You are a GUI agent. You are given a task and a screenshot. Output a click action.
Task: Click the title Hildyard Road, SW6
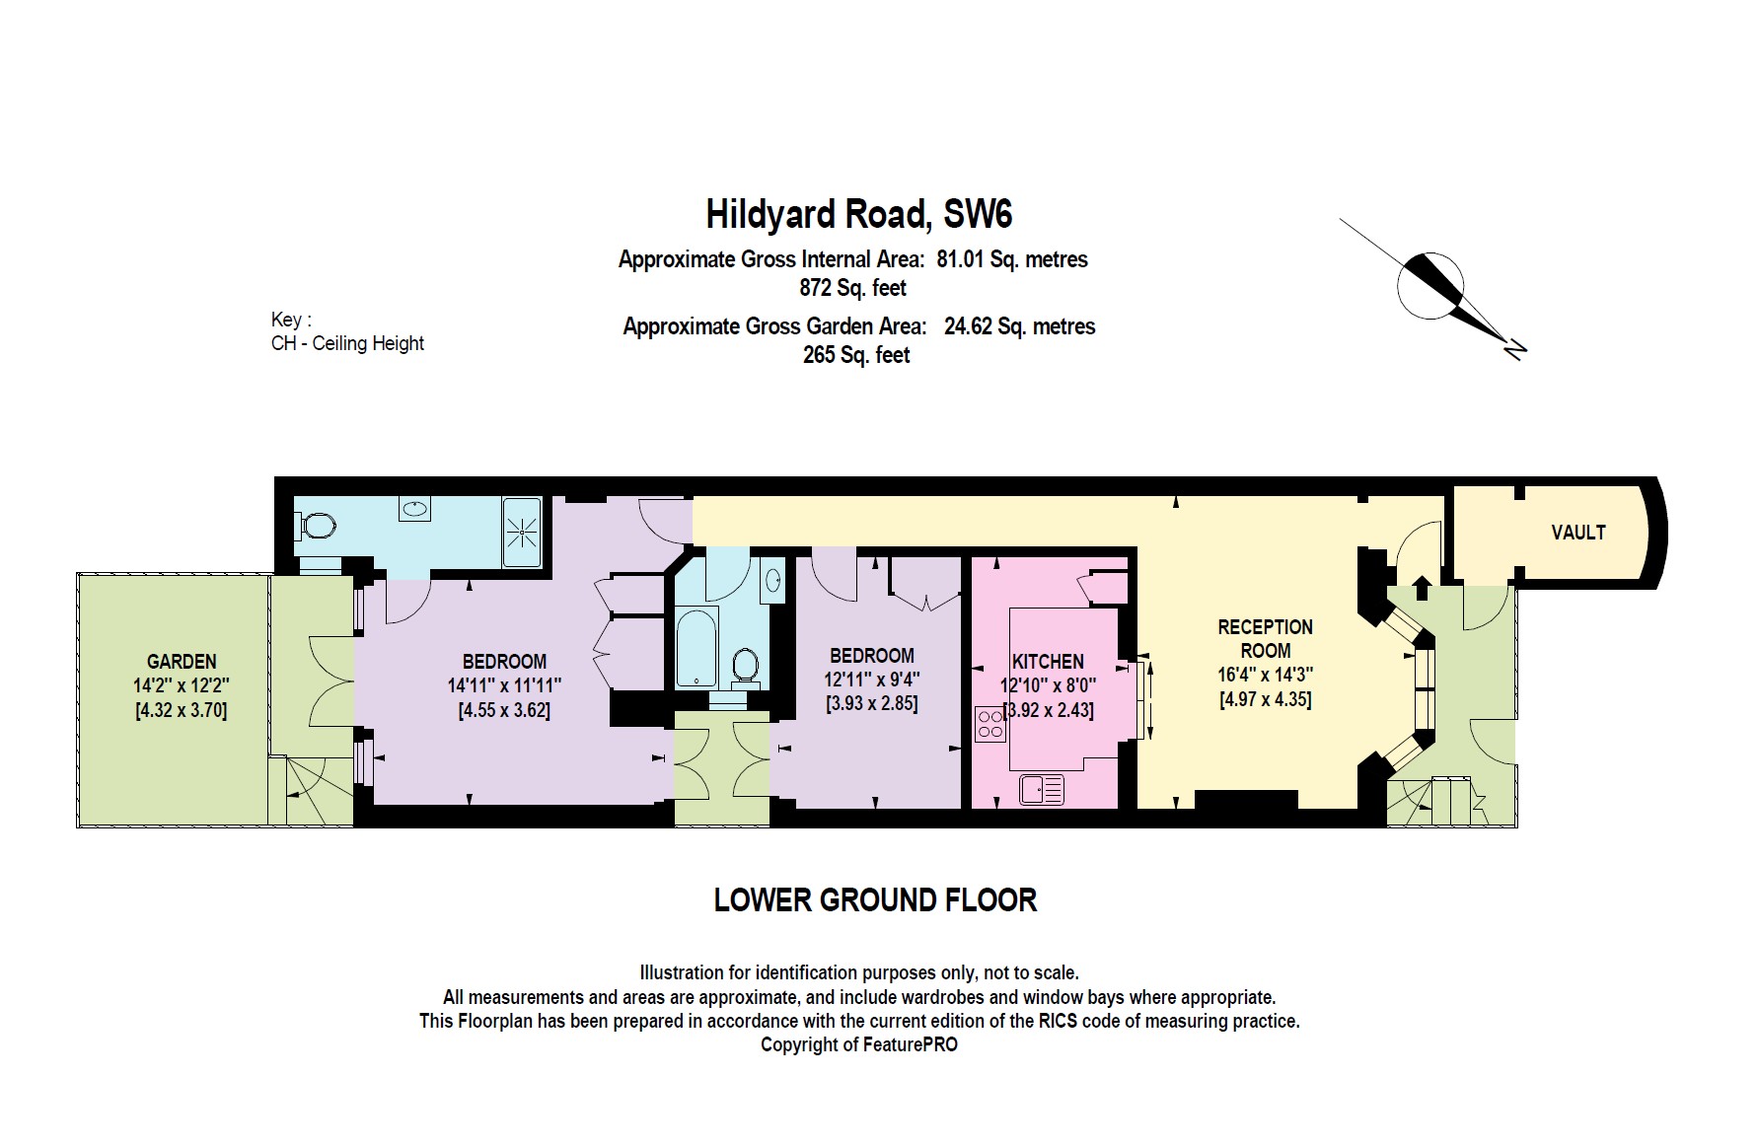click(858, 214)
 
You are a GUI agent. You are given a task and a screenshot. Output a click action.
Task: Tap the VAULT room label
click(1577, 533)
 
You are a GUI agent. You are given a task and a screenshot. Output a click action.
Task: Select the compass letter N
click(1515, 347)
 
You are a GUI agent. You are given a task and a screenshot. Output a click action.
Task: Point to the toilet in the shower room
click(316, 526)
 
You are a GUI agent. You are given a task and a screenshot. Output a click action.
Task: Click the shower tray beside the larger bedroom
click(521, 533)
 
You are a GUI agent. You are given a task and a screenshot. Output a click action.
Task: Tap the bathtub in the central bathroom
click(697, 647)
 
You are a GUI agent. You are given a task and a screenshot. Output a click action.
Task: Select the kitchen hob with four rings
click(989, 724)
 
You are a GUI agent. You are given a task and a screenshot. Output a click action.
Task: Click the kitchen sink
click(1042, 789)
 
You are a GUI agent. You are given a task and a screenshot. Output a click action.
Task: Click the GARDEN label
click(182, 661)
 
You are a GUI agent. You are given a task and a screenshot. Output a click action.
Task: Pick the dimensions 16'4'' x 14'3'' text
click(1265, 676)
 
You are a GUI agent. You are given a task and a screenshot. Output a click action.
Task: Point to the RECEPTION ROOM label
click(1265, 638)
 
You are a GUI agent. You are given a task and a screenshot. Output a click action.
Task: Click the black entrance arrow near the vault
click(1421, 588)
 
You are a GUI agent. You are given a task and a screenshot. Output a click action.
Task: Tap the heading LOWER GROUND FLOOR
click(875, 899)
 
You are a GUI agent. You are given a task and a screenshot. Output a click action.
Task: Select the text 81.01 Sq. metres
click(1011, 259)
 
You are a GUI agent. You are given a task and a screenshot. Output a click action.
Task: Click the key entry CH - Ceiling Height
click(347, 343)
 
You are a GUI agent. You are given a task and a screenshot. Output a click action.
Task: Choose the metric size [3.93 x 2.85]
click(871, 703)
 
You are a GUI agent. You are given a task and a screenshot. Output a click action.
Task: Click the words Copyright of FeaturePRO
click(858, 1044)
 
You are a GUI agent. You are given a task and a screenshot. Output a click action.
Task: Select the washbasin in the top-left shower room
click(415, 509)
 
